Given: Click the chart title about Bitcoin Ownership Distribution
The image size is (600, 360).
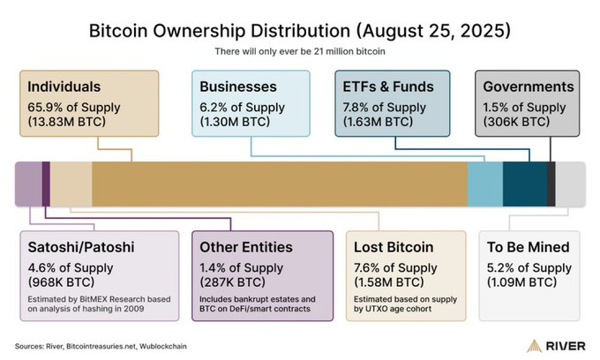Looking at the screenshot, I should (300, 30).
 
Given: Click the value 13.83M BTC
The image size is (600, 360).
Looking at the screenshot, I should (67, 121).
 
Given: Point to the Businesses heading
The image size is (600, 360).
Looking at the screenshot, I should (238, 87).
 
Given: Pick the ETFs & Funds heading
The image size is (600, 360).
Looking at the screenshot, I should (388, 87).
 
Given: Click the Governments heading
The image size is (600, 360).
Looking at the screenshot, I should (529, 87).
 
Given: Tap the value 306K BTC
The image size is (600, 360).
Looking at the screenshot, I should (520, 121).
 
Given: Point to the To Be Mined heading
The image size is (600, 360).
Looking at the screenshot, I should (529, 248).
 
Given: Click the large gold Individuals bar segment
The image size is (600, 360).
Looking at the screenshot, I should (279, 184).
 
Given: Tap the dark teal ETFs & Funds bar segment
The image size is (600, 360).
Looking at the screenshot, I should (524, 184).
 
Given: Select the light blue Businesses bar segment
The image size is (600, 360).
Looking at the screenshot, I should (484, 184).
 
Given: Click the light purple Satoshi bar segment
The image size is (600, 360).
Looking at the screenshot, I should (28, 184).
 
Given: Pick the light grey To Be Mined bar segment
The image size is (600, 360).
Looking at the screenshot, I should (570, 184).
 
